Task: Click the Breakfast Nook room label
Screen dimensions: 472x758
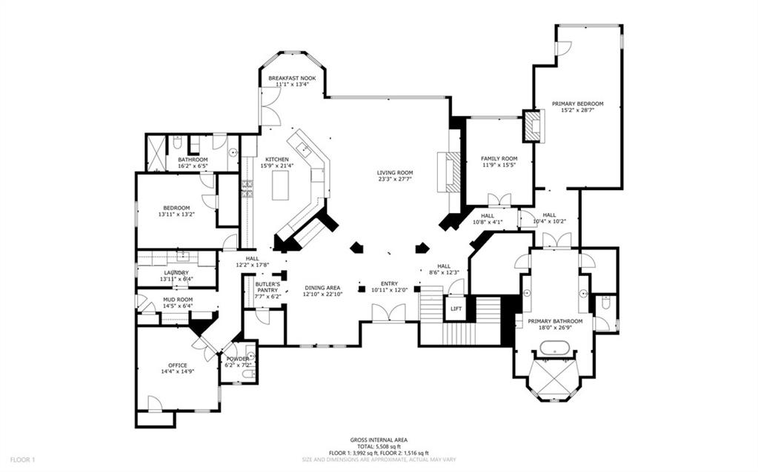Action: click(292, 78)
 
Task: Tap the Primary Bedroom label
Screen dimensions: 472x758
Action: click(578, 104)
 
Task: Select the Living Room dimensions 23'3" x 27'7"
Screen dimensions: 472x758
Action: click(395, 180)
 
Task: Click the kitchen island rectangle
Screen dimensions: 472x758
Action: click(280, 185)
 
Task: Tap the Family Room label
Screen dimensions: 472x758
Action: click(499, 159)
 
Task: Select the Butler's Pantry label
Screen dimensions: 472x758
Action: click(267, 284)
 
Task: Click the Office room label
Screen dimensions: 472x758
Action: click(178, 365)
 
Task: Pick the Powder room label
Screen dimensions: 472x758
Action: click(238, 359)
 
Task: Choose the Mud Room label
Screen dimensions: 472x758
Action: click(177, 299)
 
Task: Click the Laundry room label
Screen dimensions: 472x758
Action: click(176, 272)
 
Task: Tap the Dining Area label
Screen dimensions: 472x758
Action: click(322, 287)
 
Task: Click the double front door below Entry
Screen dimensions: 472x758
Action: click(388, 314)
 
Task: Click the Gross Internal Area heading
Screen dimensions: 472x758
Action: click(379, 439)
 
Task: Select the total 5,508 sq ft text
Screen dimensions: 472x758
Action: click(379, 446)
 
